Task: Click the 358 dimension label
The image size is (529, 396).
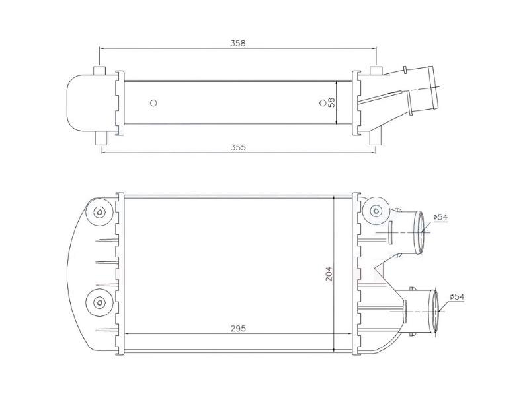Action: point(238,43)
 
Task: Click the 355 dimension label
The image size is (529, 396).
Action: point(238,147)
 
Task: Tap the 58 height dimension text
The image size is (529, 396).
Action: point(332,102)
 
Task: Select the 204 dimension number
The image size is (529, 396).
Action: point(329,274)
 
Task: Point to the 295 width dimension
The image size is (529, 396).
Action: point(238,328)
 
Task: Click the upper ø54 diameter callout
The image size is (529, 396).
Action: point(440,217)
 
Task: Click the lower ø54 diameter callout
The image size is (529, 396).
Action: point(457,296)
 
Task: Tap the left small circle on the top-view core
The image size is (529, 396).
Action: point(153,103)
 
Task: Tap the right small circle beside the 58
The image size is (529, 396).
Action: point(323,103)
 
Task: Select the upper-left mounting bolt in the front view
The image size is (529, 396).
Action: point(100,212)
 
